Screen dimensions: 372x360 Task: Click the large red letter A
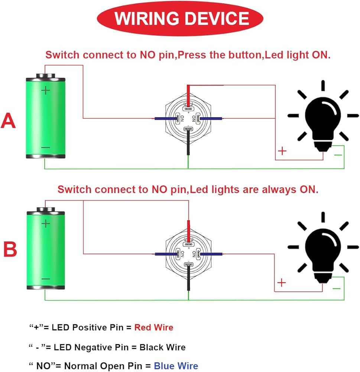coord(8,121)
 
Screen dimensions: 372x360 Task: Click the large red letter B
coord(10,250)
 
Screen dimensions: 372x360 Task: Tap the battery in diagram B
coord(45,249)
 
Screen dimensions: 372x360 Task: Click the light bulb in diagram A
coord(322,119)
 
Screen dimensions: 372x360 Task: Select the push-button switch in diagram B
coord(188,254)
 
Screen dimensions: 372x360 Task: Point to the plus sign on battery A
coord(45,90)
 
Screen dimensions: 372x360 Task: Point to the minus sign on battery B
coord(45,279)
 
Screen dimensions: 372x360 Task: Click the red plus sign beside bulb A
coord(282,151)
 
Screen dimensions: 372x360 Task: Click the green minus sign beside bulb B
coord(336,288)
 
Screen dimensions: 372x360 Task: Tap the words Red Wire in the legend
coord(153,327)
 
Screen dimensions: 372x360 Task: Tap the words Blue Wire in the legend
coord(176,366)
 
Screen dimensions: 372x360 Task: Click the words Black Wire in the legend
coord(162,347)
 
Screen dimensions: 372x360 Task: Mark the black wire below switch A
coord(188,145)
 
